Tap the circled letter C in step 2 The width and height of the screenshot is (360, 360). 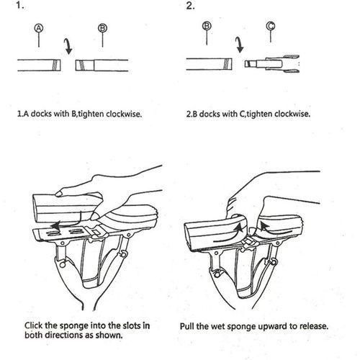(270, 29)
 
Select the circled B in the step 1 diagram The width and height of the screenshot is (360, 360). (103, 29)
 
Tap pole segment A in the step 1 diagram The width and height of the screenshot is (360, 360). (39, 64)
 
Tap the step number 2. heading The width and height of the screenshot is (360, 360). (191, 6)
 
